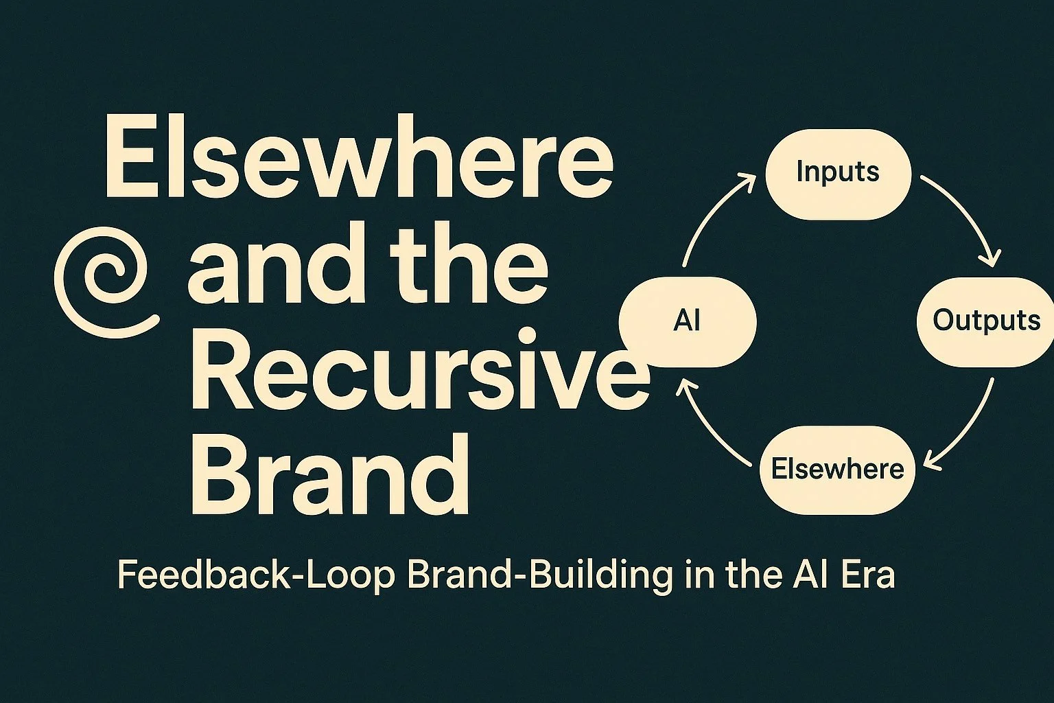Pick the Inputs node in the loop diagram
[x=838, y=173]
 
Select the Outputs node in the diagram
[x=986, y=321]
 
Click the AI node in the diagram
[x=687, y=321]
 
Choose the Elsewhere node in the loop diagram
[x=837, y=470]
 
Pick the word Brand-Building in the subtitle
[x=539, y=575]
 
